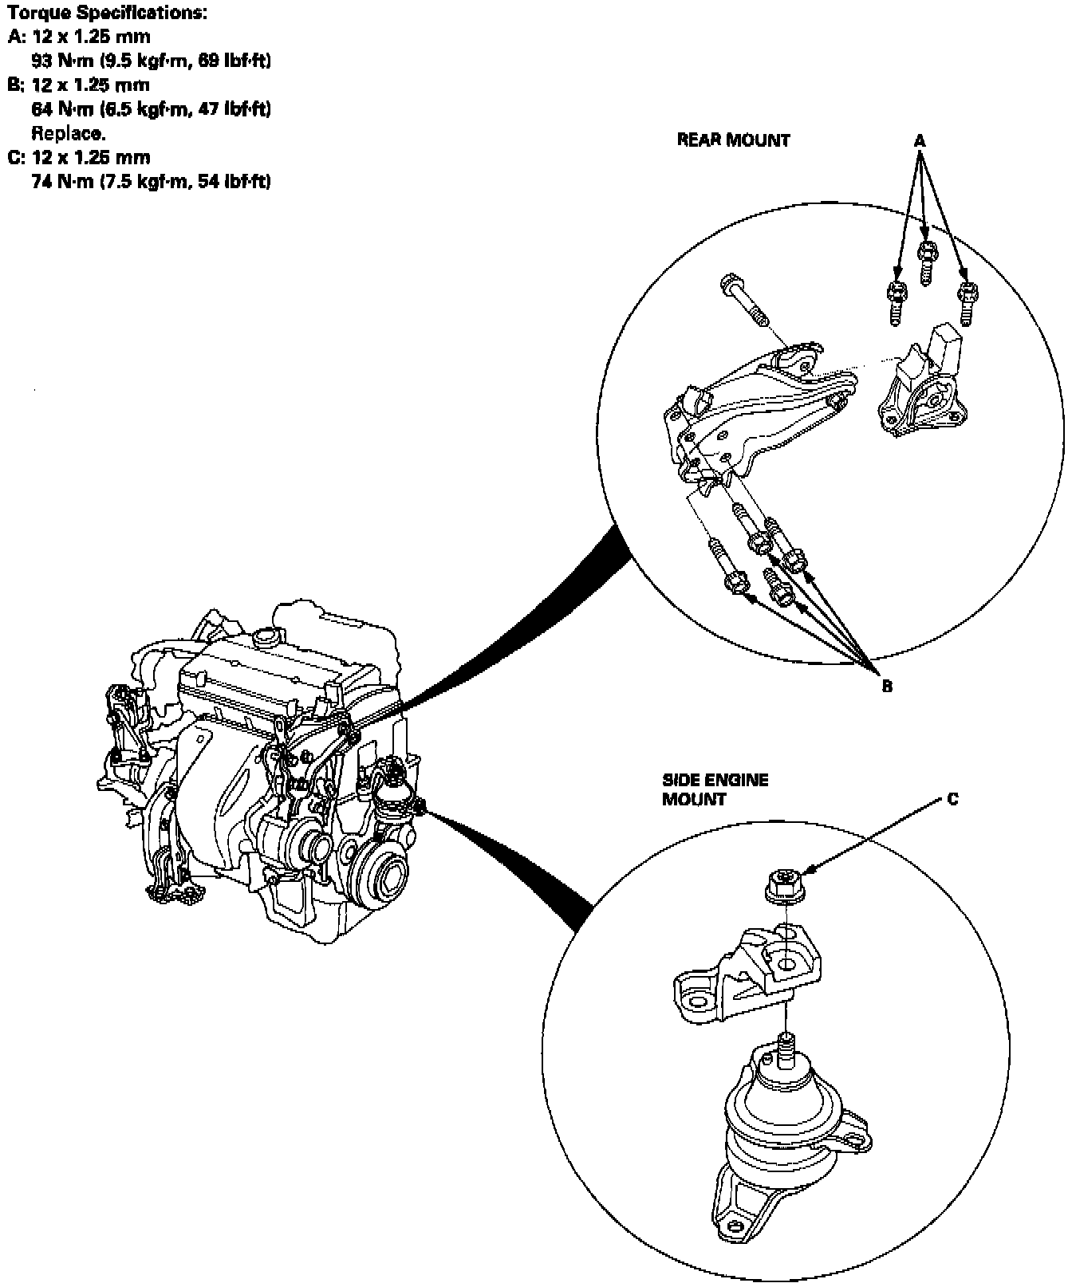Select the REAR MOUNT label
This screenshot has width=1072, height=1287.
coord(733,140)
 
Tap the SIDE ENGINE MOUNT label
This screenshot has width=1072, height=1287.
coord(715,789)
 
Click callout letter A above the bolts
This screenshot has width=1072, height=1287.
coord(920,141)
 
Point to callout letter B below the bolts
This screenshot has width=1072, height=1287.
coord(887,685)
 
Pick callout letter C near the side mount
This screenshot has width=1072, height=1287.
coord(952,798)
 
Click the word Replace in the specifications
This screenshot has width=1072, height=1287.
coord(68,133)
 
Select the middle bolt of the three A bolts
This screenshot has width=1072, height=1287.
coord(926,262)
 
